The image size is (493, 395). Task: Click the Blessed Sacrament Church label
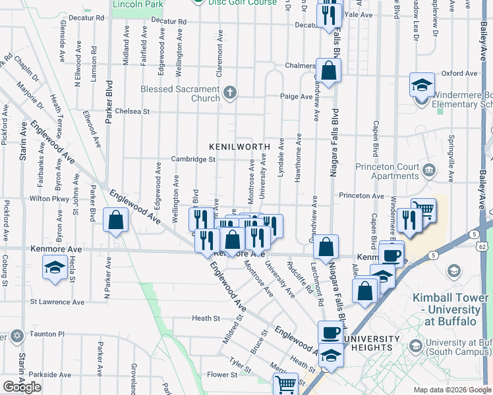point(179,93)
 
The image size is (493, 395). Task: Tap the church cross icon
point(229,92)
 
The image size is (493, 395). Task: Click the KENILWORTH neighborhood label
point(240,146)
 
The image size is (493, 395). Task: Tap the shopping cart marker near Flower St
point(286,383)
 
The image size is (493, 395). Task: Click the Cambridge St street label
point(193,159)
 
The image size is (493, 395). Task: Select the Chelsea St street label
point(132,111)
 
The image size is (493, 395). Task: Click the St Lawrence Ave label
point(57,302)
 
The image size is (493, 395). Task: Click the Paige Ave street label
point(297,96)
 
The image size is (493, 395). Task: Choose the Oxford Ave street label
point(459,73)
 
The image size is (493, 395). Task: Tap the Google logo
point(22,387)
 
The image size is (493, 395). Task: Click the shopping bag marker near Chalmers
point(328,70)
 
